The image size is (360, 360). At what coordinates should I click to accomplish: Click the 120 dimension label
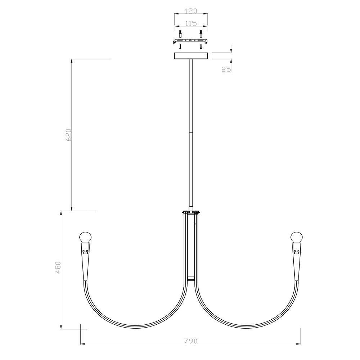click(x=191, y=11)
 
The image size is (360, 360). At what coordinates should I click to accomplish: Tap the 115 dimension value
click(x=191, y=23)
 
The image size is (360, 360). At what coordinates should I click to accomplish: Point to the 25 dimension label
click(x=226, y=69)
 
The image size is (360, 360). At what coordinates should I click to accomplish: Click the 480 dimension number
click(x=58, y=267)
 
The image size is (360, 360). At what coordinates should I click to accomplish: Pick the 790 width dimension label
click(x=191, y=341)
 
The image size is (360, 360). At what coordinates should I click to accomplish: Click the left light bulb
click(x=85, y=237)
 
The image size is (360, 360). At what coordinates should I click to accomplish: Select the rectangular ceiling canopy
click(x=191, y=56)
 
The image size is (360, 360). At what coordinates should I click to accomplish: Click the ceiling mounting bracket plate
click(x=190, y=41)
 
